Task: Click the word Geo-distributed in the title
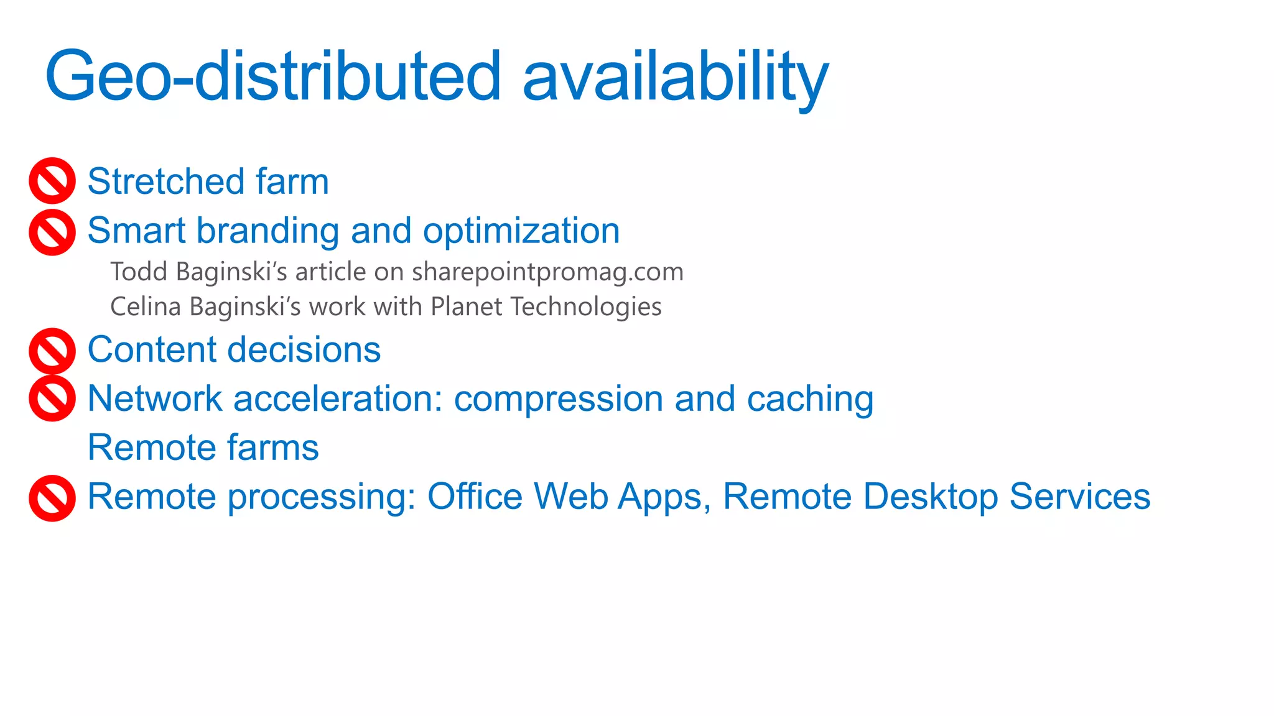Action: (273, 76)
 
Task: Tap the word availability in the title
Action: (675, 76)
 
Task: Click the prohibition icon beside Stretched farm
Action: (52, 181)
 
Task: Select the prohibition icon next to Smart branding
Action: (52, 232)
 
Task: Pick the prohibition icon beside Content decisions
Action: (52, 351)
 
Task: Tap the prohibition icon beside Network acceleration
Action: (52, 398)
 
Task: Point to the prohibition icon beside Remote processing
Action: (52, 498)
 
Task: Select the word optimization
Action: (521, 231)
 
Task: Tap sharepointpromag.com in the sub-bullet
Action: (547, 272)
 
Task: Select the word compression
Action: (559, 399)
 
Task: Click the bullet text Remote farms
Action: (203, 447)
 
